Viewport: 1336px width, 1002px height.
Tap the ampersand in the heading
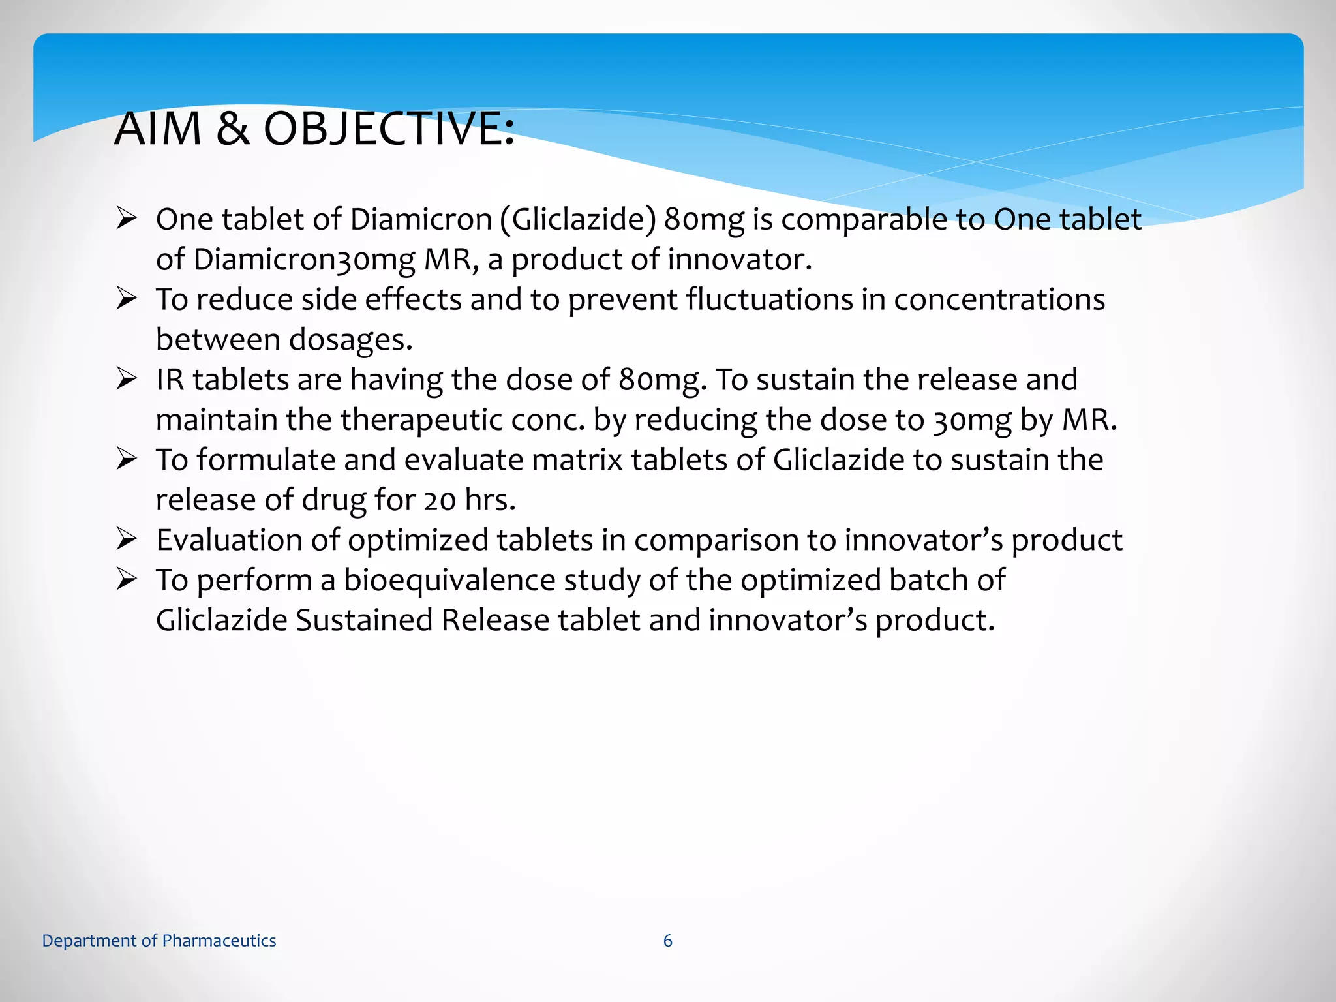(x=232, y=129)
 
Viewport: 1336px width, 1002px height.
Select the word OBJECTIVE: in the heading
(x=389, y=129)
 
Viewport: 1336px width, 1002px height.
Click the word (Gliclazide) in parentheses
(x=578, y=220)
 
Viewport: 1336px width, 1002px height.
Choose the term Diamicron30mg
(x=304, y=260)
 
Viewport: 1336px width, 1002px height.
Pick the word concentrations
(x=999, y=300)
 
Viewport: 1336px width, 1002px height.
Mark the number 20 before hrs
(x=440, y=500)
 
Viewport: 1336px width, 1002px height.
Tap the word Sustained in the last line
(x=364, y=620)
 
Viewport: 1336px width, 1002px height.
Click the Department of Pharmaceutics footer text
(x=159, y=941)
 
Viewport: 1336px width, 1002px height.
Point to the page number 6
(x=667, y=941)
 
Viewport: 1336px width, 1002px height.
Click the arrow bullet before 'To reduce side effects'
(x=127, y=299)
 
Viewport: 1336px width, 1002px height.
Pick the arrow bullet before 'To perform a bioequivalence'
(x=127, y=579)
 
